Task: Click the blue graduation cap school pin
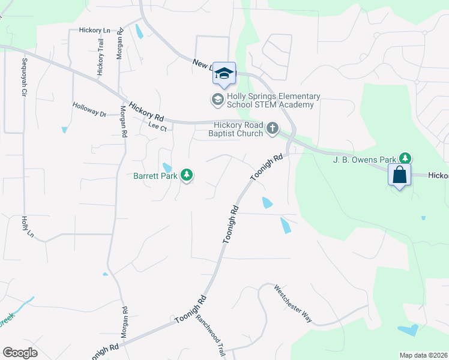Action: [x=224, y=74]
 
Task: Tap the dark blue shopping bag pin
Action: [x=399, y=175]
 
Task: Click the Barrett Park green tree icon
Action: [x=187, y=175]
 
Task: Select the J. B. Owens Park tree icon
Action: [x=406, y=158]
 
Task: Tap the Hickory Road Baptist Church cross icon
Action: [x=273, y=127]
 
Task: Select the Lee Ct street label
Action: [x=157, y=126]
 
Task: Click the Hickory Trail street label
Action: [x=100, y=59]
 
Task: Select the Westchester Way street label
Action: [x=293, y=303]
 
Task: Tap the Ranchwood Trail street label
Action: [x=210, y=337]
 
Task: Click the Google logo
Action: [x=20, y=353]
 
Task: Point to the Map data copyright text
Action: [x=423, y=355]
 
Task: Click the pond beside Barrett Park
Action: [x=167, y=167]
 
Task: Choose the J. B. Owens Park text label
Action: [x=364, y=160]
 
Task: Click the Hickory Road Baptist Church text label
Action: [x=236, y=129]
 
